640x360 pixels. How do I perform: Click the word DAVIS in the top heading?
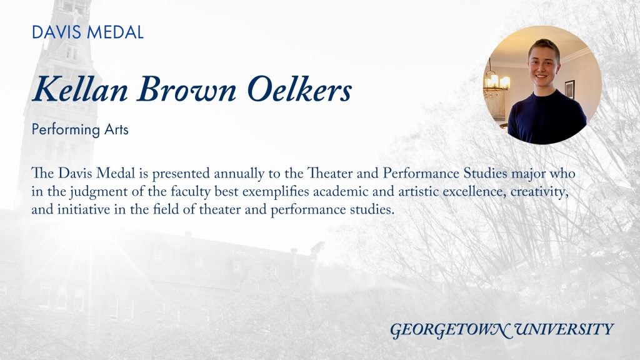[x=57, y=32]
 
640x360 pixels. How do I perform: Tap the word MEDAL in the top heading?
[x=116, y=32]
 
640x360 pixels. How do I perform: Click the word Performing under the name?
[x=66, y=130]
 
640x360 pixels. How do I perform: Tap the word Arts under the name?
[x=116, y=129]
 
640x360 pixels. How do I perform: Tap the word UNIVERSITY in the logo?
[x=564, y=329]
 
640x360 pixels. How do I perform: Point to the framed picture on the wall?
[x=570, y=89]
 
